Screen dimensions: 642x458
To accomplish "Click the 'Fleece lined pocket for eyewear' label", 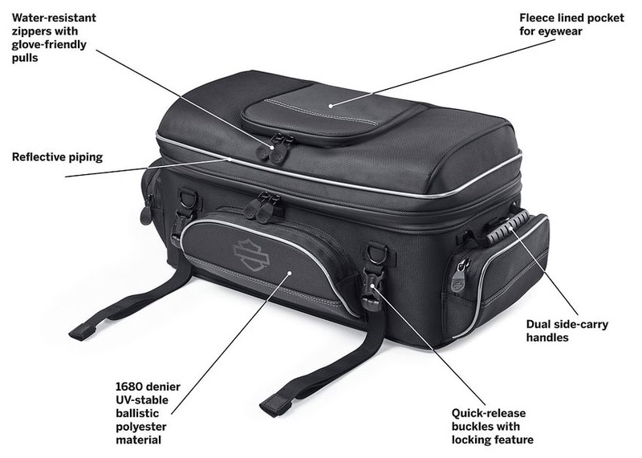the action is [x=571, y=25].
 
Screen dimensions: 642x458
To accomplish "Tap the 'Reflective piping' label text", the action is [x=57, y=157].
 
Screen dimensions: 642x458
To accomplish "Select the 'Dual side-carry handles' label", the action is [x=567, y=330].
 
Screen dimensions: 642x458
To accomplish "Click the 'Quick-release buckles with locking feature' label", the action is [x=493, y=426].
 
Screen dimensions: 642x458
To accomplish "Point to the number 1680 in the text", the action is [x=129, y=387].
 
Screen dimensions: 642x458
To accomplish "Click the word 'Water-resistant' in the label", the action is [x=54, y=18].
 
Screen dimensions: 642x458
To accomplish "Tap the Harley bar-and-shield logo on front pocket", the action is [x=251, y=254].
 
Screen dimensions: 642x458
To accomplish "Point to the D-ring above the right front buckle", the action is [x=376, y=253].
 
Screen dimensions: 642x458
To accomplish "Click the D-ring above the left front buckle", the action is [x=189, y=200].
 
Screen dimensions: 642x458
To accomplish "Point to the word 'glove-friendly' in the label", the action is [x=49, y=45].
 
